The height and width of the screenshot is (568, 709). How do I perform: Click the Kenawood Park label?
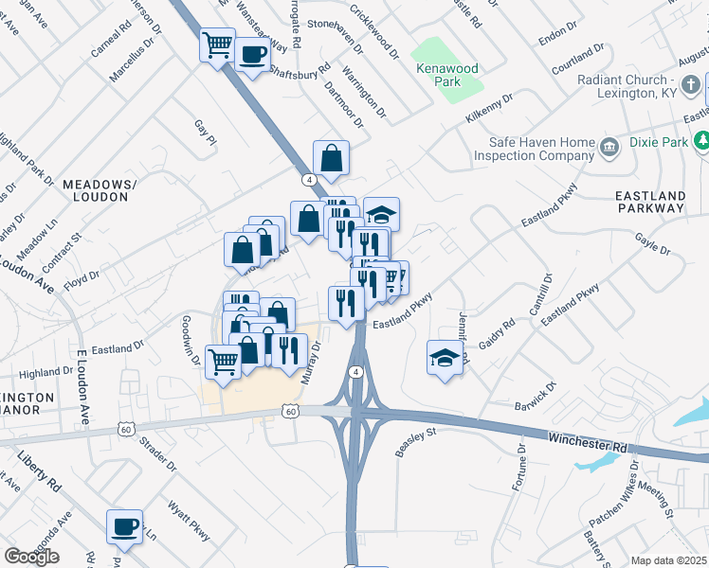446,75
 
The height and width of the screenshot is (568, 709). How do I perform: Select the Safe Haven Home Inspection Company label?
535,149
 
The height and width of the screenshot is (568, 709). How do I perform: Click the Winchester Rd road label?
588,440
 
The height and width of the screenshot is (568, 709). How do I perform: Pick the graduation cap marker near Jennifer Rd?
445,358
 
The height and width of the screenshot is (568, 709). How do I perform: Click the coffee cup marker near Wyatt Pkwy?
124,527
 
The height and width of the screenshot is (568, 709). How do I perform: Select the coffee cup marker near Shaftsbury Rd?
251,54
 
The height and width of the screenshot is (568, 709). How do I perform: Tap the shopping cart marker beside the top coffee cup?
217,44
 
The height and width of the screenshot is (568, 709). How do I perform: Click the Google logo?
31,557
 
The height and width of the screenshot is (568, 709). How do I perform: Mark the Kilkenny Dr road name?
488,111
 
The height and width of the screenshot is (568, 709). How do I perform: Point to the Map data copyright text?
668,560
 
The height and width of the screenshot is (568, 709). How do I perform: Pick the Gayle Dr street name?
652,244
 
